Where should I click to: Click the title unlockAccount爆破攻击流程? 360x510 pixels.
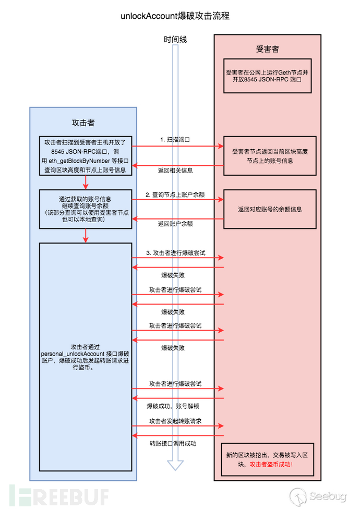point(175,16)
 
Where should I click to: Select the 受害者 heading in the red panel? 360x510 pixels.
point(267,49)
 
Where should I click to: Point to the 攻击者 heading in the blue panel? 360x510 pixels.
point(83,123)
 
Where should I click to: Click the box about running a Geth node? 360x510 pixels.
point(267,76)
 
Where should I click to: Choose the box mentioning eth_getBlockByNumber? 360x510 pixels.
point(86,155)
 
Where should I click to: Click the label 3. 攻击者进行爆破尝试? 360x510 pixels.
point(175,252)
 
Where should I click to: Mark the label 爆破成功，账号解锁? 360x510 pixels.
point(175,405)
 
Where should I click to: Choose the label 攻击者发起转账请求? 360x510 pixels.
point(175,421)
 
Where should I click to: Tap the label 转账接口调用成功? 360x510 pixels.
point(175,443)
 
